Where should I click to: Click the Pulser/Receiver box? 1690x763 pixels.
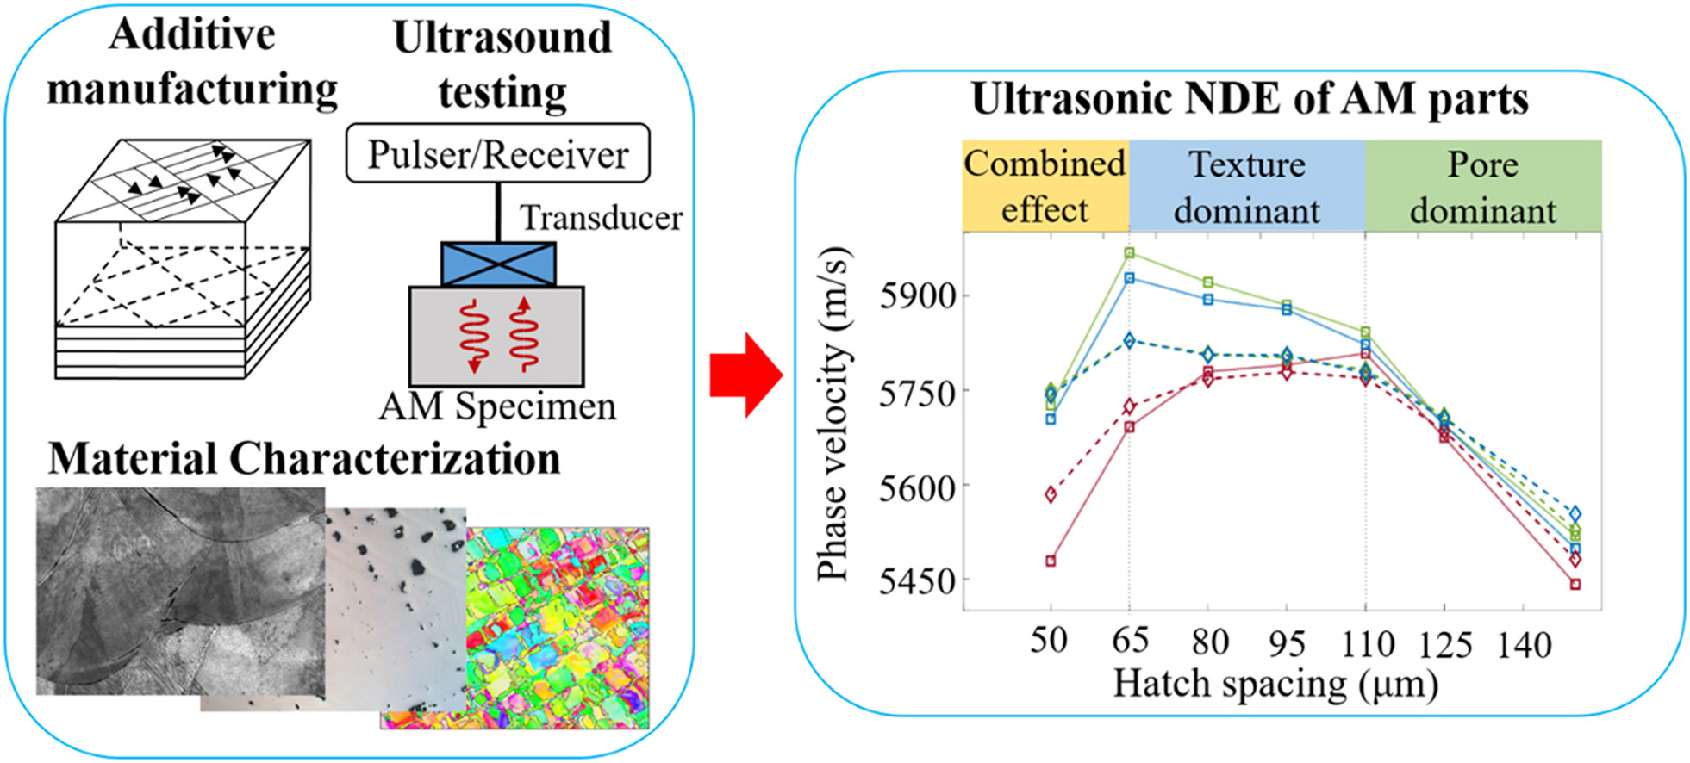pos(497,153)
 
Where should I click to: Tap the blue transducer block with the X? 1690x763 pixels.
pos(498,264)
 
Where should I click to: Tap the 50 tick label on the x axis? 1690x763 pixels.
pos(1049,641)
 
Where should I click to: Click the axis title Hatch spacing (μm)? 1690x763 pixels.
pos(1275,685)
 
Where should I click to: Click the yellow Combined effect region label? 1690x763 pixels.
pos(1045,186)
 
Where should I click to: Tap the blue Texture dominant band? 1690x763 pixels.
pos(1246,186)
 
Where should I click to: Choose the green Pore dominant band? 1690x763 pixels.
pos(1482,186)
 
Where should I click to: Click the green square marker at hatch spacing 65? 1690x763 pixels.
pos(1129,253)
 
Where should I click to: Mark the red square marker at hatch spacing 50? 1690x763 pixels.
pos(1051,561)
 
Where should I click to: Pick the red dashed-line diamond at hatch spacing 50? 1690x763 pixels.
pos(1051,494)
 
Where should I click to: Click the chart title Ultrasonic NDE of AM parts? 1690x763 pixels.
pos(1249,98)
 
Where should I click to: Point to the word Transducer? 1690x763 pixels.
pos(601,218)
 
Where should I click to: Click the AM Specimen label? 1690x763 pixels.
pos(497,406)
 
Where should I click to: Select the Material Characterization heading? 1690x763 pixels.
pos(303,458)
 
